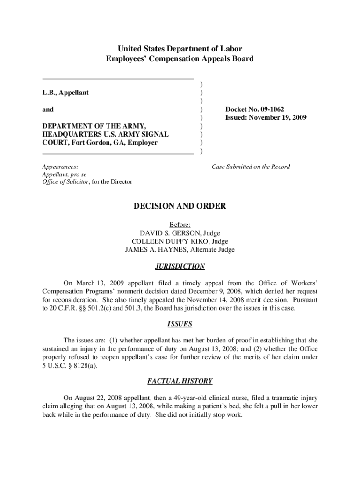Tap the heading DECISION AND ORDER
(180, 206)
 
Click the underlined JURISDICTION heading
(180, 267)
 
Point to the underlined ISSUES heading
(180, 324)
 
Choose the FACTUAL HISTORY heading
(180, 381)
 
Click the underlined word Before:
(180, 225)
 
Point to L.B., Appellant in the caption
(65, 93)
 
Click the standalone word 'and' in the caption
(48, 109)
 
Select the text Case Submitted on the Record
(251, 167)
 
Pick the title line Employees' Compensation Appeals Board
(180, 59)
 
